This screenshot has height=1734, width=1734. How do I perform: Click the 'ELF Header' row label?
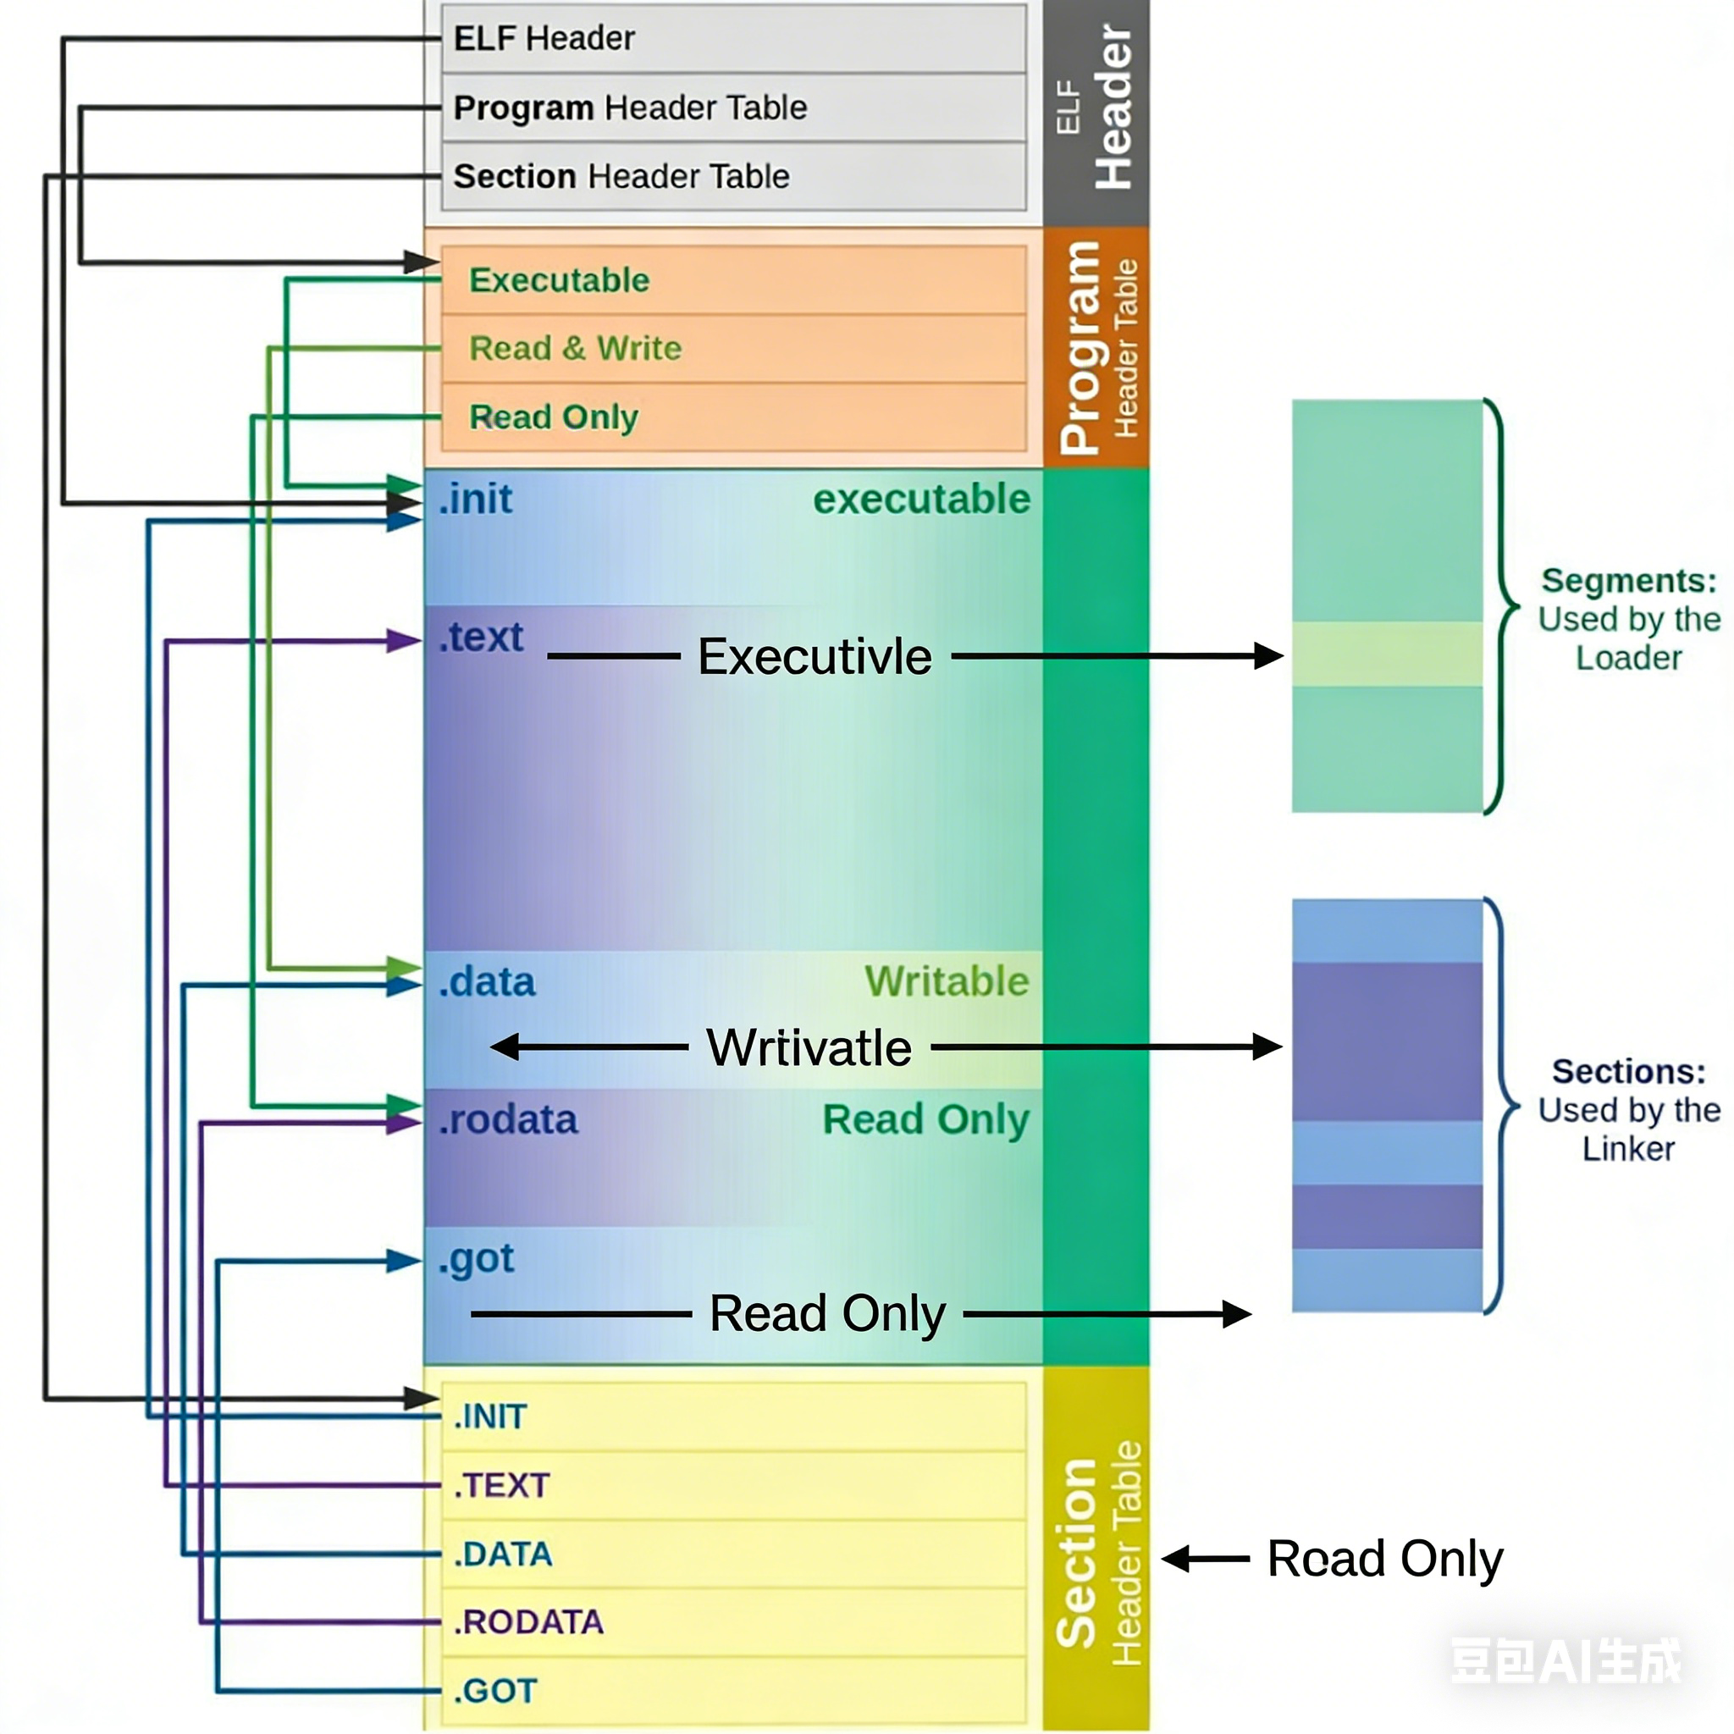(x=544, y=39)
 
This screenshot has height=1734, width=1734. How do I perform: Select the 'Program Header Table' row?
(x=630, y=108)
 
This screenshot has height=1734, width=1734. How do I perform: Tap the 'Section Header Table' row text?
(x=621, y=177)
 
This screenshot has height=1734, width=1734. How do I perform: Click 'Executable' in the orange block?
(x=559, y=281)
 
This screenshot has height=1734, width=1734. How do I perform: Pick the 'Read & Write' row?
(x=575, y=348)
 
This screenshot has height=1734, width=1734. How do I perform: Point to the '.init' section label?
(x=476, y=500)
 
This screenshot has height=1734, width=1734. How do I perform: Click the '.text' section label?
(x=481, y=638)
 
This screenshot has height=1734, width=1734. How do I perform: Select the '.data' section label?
(x=488, y=983)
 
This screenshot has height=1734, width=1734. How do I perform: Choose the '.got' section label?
(x=477, y=1259)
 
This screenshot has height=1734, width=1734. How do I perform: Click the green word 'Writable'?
(x=946, y=982)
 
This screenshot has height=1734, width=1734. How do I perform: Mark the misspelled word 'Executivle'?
(x=814, y=657)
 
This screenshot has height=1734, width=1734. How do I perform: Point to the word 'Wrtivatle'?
(x=809, y=1048)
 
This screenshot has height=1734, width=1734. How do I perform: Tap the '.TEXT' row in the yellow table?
(x=502, y=1486)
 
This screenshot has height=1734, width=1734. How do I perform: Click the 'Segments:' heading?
(x=1628, y=581)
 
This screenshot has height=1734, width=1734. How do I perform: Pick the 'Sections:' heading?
(x=1628, y=1072)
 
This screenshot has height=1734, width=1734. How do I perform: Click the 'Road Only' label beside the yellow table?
(x=1384, y=1559)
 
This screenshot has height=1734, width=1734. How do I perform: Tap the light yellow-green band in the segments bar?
(x=1387, y=654)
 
